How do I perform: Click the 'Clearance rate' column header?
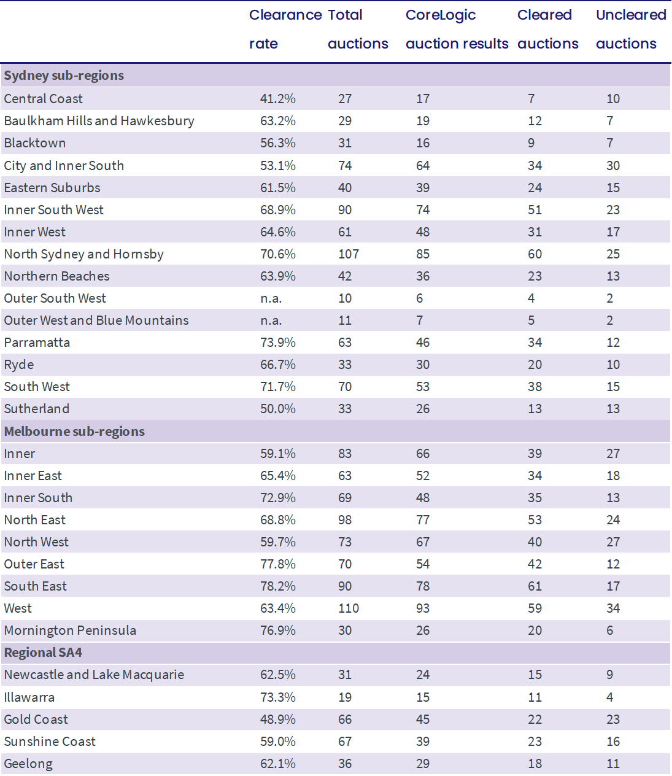[x=285, y=29]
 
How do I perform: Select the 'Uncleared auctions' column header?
[x=631, y=29]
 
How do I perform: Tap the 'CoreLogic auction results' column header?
[x=457, y=29]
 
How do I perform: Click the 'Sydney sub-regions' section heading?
[x=64, y=76]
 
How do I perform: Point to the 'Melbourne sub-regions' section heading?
[x=74, y=432]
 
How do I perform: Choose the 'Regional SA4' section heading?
[x=43, y=653]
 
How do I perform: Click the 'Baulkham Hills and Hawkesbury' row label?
[x=99, y=121]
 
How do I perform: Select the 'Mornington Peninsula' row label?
[x=70, y=630]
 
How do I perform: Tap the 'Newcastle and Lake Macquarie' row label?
[x=94, y=675]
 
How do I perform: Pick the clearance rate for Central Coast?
[x=278, y=99]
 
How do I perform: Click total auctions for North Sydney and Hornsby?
[x=349, y=254]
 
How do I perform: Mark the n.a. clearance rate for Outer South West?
[x=271, y=298]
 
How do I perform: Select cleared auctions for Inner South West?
[x=535, y=210]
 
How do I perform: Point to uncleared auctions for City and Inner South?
[x=613, y=166]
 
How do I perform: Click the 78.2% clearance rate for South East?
[x=278, y=586]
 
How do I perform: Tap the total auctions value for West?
[x=349, y=608]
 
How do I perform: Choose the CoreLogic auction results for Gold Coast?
[x=423, y=720]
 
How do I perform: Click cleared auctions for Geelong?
[x=535, y=764]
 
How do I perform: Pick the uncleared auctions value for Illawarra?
[x=610, y=697]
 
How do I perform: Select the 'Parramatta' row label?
[x=37, y=343]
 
